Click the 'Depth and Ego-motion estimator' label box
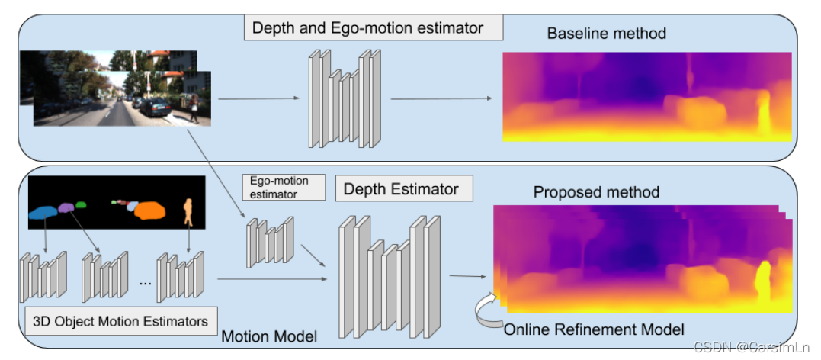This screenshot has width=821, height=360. point(374,27)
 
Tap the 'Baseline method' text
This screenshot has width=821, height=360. point(606,34)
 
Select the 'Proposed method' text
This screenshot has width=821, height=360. point(596,192)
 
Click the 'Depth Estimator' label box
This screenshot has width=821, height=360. point(404,188)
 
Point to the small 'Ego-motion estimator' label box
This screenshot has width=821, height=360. point(284,187)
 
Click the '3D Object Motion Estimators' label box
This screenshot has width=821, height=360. point(121,320)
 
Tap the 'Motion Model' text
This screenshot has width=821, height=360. point(269,336)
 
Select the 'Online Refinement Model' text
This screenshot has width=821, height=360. point(594,329)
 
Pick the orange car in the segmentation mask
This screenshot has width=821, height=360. point(149,211)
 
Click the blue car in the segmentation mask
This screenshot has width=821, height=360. point(43,212)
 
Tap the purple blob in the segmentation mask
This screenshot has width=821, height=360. point(66,207)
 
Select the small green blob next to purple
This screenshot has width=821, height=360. point(81,204)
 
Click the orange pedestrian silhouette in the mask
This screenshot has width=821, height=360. point(188,213)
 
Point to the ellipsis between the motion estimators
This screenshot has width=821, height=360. point(146,283)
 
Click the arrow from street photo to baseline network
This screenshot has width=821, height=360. point(258,98)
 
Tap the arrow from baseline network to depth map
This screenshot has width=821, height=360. point(442,98)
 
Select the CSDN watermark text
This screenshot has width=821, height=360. point(751,348)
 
